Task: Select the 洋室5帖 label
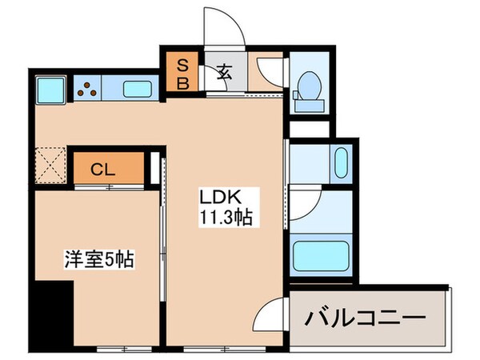click(98, 259)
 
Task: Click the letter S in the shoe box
click(182, 65)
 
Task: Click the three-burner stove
click(89, 88)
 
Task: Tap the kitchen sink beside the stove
click(137, 88)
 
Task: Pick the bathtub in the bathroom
click(322, 255)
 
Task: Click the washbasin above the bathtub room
click(338, 165)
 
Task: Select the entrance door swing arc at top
click(221, 28)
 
